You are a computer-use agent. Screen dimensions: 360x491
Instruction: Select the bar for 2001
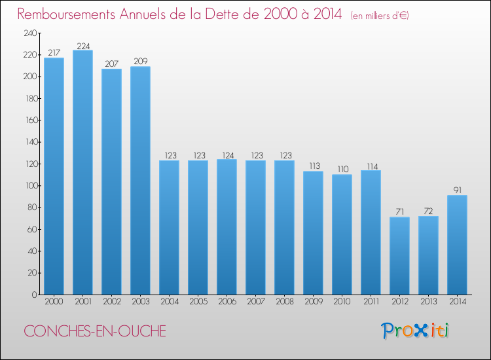pyautogui.click(x=82, y=172)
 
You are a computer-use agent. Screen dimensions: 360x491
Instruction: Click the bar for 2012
pyautogui.click(x=399, y=255)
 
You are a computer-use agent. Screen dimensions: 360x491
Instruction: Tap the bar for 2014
pyautogui.click(x=457, y=245)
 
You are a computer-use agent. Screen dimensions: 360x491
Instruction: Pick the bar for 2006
pyautogui.click(x=227, y=226)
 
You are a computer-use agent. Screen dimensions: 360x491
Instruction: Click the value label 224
pyautogui.click(x=82, y=46)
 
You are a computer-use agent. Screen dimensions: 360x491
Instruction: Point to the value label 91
pyautogui.click(x=457, y=190)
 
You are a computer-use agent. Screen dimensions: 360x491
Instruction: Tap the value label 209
pyautogui.click(x=140, y=62)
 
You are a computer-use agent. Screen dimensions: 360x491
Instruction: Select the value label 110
pyautogui.click(x=342, y=170)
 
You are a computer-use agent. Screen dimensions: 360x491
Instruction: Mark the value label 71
pyautogui.click(x=399, y=212)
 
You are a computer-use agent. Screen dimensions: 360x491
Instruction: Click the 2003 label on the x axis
pyautogui.click(x=140, y=303)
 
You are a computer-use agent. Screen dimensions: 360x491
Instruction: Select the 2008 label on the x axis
pyautogui.click(x=284, y=303)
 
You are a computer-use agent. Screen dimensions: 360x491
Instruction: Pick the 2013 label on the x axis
pyautogui.click(x=428, y=303)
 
